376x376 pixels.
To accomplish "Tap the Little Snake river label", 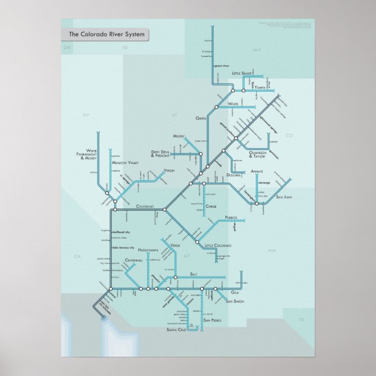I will (243, 74).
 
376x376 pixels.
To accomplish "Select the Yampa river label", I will (260, 86).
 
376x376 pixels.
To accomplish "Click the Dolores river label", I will (234, 175).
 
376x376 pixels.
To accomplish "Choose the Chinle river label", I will (211, 207).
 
